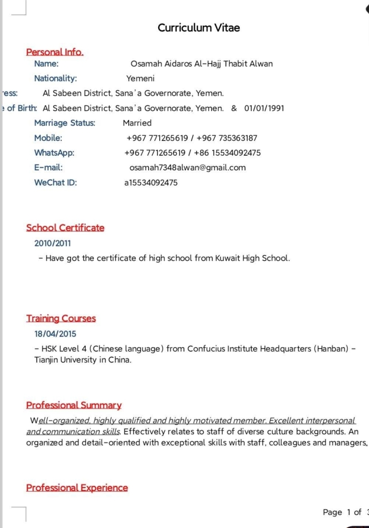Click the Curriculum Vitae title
[x=199, y=28]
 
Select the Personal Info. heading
[x=55, y=52]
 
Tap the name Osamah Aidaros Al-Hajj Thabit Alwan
[x=202, y=64]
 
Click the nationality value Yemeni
[x=141, y=78]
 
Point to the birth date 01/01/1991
[x=264, y=108]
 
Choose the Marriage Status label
[x=65, y=123]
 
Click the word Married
[x=137, y=123]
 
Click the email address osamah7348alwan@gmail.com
[x=187, y=168]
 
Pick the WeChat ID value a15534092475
[x=151, y=182]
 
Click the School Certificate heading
[x=65, y=228]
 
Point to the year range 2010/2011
[x=53, y=243]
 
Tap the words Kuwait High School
[x=252, y=258]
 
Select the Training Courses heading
[x=61, y=318]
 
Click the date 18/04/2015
[x=55, y=334]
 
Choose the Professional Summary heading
[x=74, y=405]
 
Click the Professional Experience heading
[x=77, y=488]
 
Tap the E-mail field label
[x=48, y=168]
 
